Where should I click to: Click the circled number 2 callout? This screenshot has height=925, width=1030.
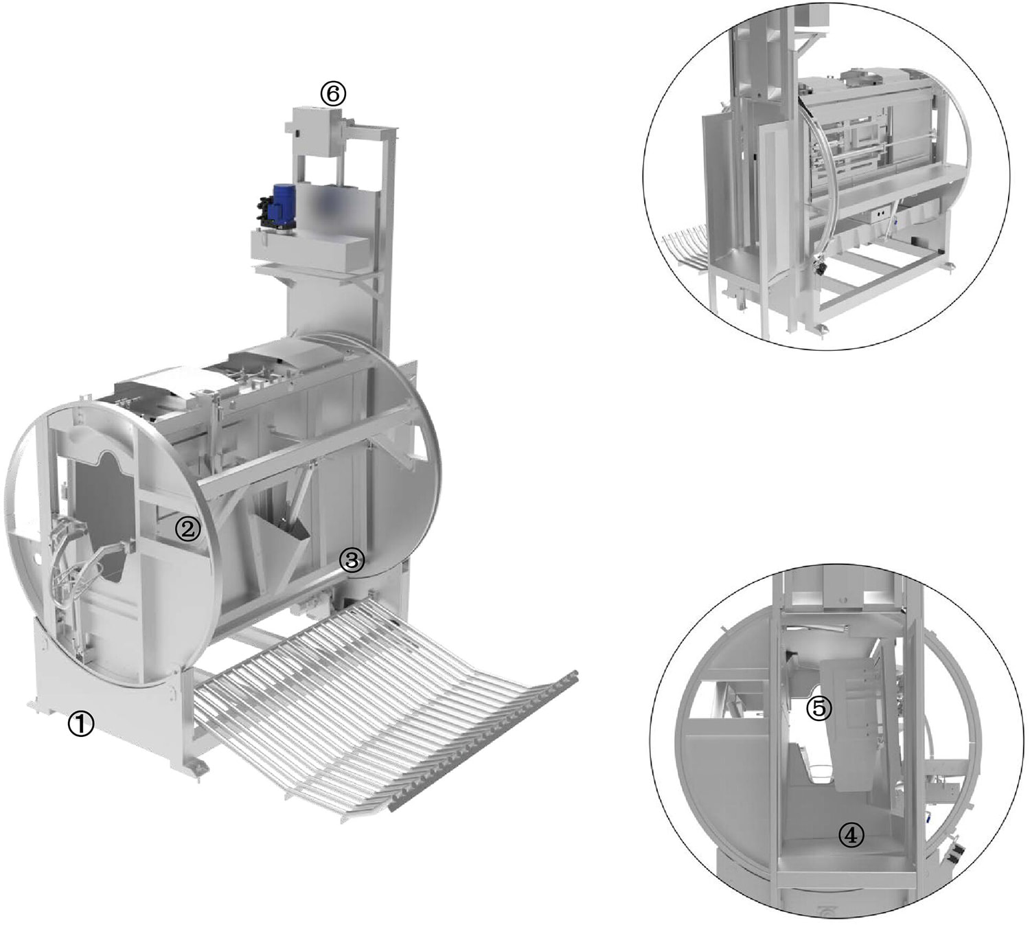tap(187, 529)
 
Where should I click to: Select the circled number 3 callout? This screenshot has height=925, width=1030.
tap(353, 560)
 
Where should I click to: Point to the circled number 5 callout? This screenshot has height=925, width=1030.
tap(819, 708)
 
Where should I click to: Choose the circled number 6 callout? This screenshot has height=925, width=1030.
tap(332, 93)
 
